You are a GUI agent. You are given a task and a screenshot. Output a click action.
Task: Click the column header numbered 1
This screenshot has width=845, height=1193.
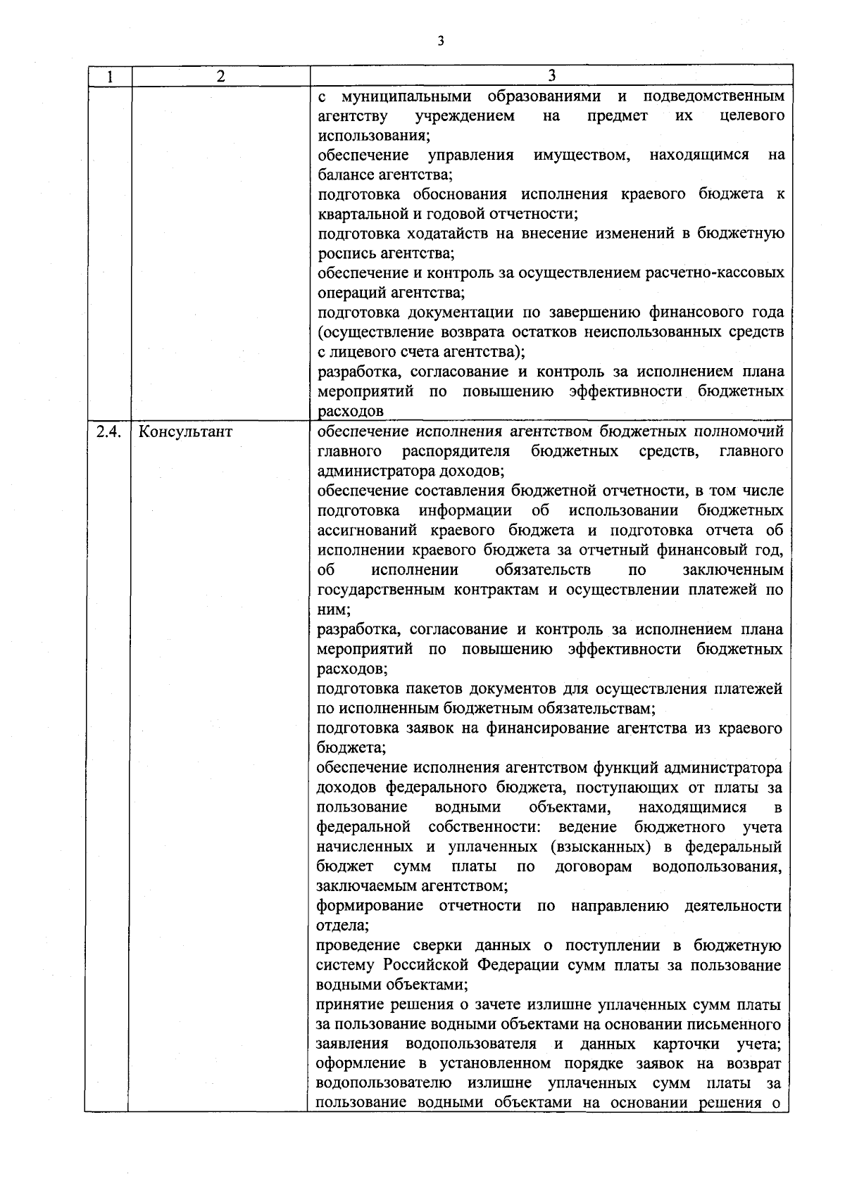[110, 76]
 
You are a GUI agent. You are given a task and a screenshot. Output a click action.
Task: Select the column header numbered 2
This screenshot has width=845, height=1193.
[220, 76]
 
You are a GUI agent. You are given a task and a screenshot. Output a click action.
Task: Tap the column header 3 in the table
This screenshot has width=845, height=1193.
[551, 76]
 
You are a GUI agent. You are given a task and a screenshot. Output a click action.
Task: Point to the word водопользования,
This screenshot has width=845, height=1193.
[717, 866]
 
